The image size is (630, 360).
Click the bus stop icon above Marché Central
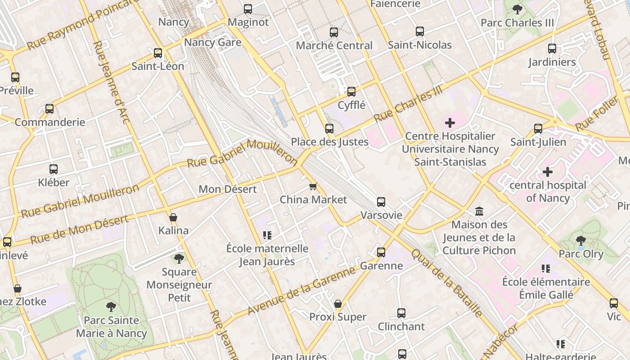pos(333,32)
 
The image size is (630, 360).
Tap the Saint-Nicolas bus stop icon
pos(419,31)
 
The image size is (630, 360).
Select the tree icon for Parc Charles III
pos(517,9)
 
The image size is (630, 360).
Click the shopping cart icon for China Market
pos(313,186)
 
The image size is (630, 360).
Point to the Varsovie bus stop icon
pos(381,202)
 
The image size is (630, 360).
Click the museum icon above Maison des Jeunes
pos(479,211)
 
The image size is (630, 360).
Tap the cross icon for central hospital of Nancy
pos(547,172)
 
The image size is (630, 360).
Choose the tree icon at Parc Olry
pos(581,241)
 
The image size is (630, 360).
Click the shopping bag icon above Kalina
pos(173,218)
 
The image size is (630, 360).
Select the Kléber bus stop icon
pos(54,169)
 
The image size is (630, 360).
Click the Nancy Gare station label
pos(212,43)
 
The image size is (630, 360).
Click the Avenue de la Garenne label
pos(301,290)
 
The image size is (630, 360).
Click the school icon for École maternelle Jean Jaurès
pos(267,235)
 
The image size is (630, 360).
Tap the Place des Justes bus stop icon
pos(329,129)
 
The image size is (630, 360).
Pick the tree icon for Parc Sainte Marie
pos(111,307)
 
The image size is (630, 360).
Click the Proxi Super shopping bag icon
pos(337,304)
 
